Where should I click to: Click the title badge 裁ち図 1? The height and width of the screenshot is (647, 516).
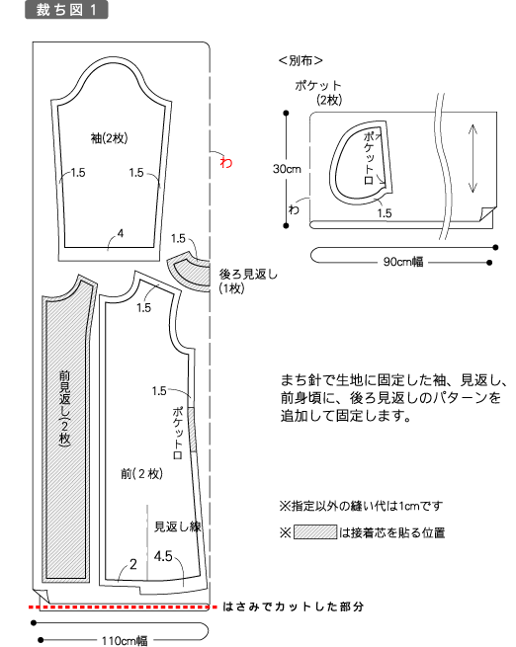pyautogui.click(x=66, y=10)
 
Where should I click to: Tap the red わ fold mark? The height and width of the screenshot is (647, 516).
pyautogui.click(x=225, y=162)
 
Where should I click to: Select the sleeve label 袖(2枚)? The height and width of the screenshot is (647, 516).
pyautogui.click(x=109, y=138)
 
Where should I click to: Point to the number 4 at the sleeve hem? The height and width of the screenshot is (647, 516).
pyautogui.click(x=121, y=233)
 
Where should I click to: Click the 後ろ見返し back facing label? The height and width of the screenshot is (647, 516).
pyautogui.click(x=248, y=274)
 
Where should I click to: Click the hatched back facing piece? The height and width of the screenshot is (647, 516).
pyautogui.click(x=190, y=273)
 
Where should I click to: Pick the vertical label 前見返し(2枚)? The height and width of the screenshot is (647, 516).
pyautogui.click(x=64, y=407)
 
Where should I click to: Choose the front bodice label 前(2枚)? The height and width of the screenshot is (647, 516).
pyautogui.click(x=141, y=474)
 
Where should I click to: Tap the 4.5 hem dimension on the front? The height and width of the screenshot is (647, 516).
pyautogui.click(x=163, y=556)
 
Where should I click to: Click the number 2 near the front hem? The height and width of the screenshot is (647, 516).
pyautogui.click(x=132, y=564)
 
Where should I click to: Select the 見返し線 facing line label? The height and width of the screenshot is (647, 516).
pyautogui.click(x=178, y=526)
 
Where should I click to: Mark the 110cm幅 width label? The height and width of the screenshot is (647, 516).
pyautogui.click(x=125, y=640)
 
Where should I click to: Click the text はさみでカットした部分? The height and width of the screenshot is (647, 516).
pyautogui.click(x=293, y=607)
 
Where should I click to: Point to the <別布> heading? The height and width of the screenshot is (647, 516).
pyautogui.click(x=301, y=60)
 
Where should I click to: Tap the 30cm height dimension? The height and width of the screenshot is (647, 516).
pyautogui.click(x=287, y=169)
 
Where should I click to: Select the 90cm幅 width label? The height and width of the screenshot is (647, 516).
pyautogui.click(x=403, y=262)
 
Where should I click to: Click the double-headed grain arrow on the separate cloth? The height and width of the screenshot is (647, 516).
pyautogui.click(x=473, y=159)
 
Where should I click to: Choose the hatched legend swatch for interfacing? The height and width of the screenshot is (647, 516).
pyautogui.click(x=315, y=531)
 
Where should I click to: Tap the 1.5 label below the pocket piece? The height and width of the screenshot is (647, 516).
pyautogui.click(x=384, y=213)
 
